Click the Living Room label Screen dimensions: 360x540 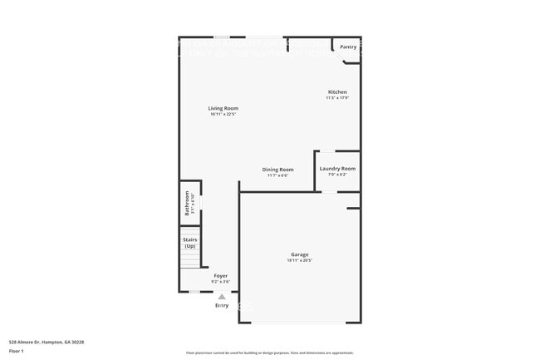pyautogui.click(x=223, y=108)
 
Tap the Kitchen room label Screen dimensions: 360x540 pyautogui.click(x=337, y=92)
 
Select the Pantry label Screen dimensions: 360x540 pyautogui.click(x=348, y=47)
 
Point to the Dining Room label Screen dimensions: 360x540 pyautogui.click(x=277, y=170)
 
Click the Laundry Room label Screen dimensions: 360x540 pyautogui.click(x=337, y=169)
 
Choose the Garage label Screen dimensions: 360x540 pyautogui.click(x=299, y=254)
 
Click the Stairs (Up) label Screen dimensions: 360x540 pyautogui.click(x=190, y=243)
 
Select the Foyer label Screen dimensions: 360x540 pyautogui.click(x=220, y=276)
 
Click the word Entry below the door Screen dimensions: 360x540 pyautogui.click(x=222, y=306)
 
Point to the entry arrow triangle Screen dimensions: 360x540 pyautogui.click(x=222, y=297)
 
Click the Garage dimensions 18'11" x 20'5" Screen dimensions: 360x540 pyautogui.click(x=299, y=260)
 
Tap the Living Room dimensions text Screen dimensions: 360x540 pyautogui.click(x=223, y=114)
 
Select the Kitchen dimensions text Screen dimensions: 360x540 pyautogui.click(x=337, y=98)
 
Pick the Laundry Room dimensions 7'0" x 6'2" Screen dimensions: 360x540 pyautogui.click(x=337, y=175)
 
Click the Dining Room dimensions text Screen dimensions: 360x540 pyautogui.click(x=277, y=175)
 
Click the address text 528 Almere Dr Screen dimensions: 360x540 pyautogui.click(x=47, y=342)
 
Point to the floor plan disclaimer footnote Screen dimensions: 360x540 pyautogui.click(x=269, y=353)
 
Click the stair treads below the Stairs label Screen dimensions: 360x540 pyautogui.click(x=191, y=259)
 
